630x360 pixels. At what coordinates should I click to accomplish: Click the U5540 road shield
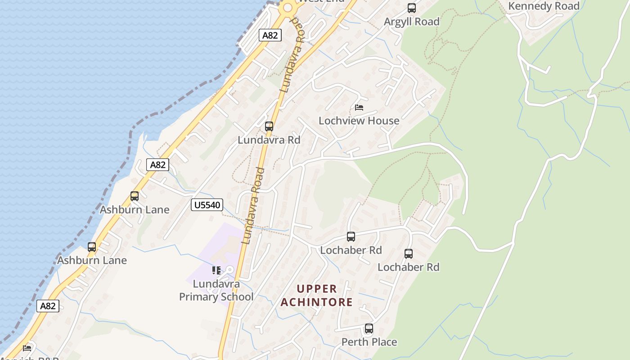point(207,205)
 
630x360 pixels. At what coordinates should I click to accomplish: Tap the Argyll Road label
point(411,22)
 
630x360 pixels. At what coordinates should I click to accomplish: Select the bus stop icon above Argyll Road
point(411,8)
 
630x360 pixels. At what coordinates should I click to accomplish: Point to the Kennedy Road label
point(544,6)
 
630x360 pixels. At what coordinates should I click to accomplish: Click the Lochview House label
point(359,121)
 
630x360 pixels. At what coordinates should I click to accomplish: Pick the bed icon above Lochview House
point(359,107)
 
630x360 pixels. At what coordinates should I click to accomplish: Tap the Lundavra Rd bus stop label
point(269,140)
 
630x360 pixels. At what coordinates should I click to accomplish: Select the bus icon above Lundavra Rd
point(269,126)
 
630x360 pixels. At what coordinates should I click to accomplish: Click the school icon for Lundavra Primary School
point(216,270)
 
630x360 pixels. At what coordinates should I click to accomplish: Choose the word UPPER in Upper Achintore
point(317,288)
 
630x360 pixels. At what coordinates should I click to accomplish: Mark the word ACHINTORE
point(317,302)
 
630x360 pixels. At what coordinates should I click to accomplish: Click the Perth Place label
point(369,342)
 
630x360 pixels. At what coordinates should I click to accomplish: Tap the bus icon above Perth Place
point(369,328)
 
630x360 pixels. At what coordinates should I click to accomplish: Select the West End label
point(321,1)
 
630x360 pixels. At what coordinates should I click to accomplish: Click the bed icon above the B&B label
point(27,348)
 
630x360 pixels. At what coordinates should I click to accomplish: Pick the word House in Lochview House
point(384,121)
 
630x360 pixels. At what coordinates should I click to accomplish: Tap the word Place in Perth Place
point(382,342)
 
